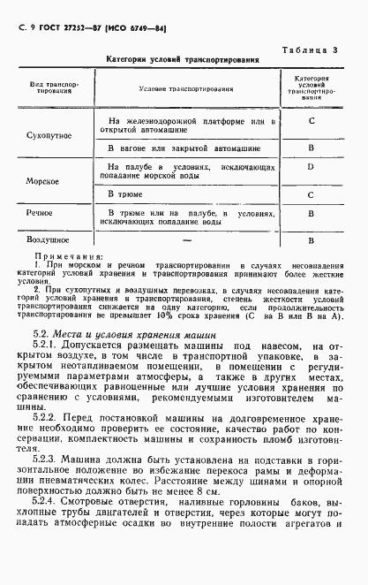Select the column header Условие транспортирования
point(184,89)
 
